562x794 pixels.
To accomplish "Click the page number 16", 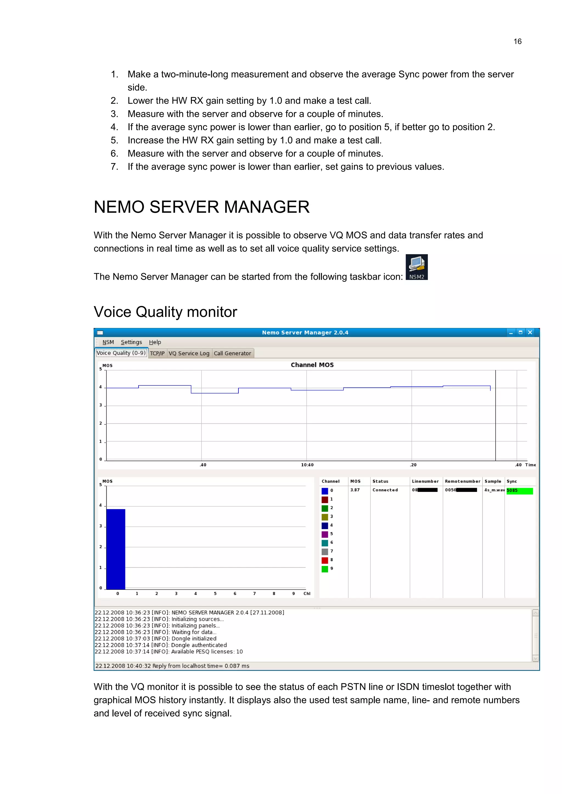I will [517, 41].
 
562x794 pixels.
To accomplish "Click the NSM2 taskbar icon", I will [416, 267].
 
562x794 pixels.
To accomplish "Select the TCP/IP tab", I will [157, 353].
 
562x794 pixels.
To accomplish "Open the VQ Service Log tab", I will [189, 353].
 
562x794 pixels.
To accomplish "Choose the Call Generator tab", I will [232, 353].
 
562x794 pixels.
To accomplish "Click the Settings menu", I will [131, 342].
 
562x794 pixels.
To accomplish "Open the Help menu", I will [155, 342].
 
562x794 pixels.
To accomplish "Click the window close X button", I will [530, 332].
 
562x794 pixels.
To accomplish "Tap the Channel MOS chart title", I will [312, 365].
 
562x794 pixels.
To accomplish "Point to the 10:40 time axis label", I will [307, 465].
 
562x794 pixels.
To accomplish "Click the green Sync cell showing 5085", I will [519, 491].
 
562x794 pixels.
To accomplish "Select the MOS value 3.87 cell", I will [355, 490].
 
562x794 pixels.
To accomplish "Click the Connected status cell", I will [385, 490].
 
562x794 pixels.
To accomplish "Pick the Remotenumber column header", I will [462, 481].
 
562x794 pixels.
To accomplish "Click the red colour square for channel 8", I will [325, 560].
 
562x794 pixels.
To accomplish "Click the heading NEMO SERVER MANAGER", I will [201, 207].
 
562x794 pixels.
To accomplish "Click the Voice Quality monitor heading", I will [165, 312].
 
